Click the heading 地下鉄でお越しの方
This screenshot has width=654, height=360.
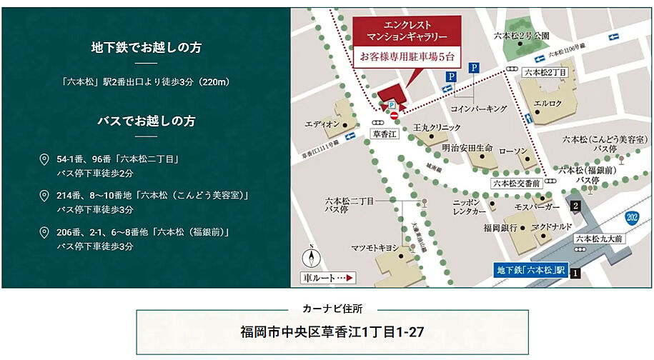146,48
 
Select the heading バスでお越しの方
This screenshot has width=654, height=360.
146,121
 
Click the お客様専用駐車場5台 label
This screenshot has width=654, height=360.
407,56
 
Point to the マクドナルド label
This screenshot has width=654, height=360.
551,226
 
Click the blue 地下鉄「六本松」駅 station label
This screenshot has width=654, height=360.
530,271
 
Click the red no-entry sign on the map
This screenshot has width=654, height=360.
394,115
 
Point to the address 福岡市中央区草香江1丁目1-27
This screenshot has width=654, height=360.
332,332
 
